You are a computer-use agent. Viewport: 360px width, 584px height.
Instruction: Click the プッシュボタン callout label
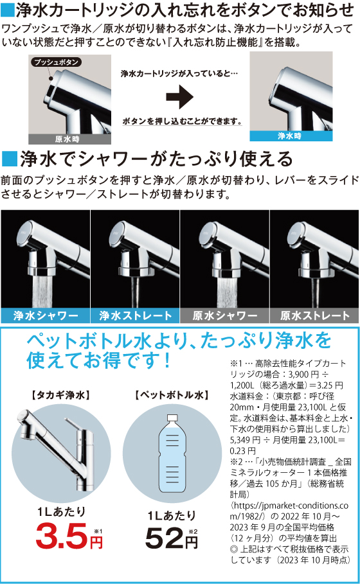pyautogui.click(x=56, y=62)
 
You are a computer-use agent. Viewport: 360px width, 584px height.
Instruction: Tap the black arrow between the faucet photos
pyautogui.click(x=179, y=97)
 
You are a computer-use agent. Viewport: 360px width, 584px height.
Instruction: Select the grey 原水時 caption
pyautogui.click(x=69, y=139)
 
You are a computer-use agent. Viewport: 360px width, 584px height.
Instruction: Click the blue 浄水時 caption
pyautogui.click(x=291, y=136)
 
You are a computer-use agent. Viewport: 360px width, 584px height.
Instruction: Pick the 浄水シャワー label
pyautogui.click(x=46, y=315)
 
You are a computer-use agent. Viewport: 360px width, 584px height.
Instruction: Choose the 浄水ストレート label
pyautogui.click(x=135, y=315)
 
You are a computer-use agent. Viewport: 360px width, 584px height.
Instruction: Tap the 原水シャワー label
pyautogui.click(x=225, y=315)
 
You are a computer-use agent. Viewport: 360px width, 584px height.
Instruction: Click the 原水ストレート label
pyautogui.click(x=314, y=315)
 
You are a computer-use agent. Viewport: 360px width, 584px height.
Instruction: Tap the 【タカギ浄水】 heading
pyautogui.click(x=60, y=395)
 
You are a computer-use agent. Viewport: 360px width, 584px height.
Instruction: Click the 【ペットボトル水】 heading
pyautogui.click(x=172, y=395)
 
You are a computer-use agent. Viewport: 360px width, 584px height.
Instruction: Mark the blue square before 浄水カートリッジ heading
pyautogui.click(x=7, y=10)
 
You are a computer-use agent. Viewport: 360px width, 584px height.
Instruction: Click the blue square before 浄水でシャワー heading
pyautogui.click(x=9, y=159)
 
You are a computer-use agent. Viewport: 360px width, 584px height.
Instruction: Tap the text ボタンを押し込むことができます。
pyautogui.click(x=182, y=121)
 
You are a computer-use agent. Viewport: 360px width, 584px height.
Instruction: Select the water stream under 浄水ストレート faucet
pyautogui.click(x=135, y=292)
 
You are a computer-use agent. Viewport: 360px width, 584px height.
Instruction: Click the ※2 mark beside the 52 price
pyautogui.click(x=193, y=531)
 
